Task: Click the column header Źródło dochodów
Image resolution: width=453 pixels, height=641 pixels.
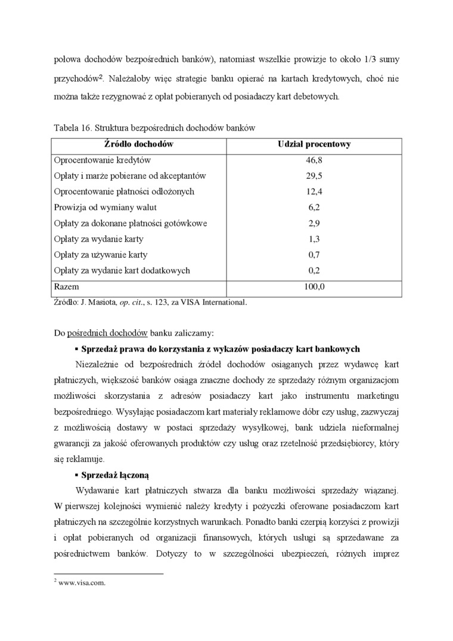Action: tap(138, 144)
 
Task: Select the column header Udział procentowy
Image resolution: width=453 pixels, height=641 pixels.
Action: tap(314, 144)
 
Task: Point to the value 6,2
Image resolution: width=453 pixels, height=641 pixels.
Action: tap(314, 208)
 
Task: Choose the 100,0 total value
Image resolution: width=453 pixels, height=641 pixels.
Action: tap(314, 287)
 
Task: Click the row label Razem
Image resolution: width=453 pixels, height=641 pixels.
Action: tap(67, 287)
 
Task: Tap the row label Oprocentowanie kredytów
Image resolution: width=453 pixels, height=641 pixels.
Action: tap(103, 160)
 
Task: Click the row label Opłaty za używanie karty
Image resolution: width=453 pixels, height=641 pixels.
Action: tap(101, 255)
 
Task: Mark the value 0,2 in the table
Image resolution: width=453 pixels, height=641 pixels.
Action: tap(314, 271)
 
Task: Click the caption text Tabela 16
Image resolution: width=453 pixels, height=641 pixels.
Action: tap(72, 128)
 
